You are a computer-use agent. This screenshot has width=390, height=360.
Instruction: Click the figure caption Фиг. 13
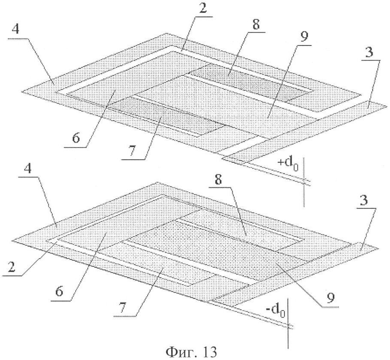coord(191,352)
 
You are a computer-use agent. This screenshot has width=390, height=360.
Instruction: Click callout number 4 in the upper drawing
coord(15,30)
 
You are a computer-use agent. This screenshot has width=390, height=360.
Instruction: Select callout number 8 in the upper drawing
coord(256,24)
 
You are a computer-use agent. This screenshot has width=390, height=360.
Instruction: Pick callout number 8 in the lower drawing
coord(218,179)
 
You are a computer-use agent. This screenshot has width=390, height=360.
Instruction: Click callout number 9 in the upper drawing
coord(304,37)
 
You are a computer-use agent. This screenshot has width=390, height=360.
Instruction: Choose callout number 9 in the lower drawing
coord(330,298)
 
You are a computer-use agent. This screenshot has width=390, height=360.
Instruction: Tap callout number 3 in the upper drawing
coord(370,53)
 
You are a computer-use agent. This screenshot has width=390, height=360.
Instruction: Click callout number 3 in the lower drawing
coord(364,200)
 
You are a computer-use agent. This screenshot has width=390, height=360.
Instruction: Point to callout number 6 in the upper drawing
coord(76,138)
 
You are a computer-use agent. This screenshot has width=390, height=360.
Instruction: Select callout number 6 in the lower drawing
coord(59,291)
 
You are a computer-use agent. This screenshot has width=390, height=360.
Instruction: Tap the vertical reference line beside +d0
coord(304,182)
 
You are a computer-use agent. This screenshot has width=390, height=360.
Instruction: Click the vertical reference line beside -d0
coord(288,323)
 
